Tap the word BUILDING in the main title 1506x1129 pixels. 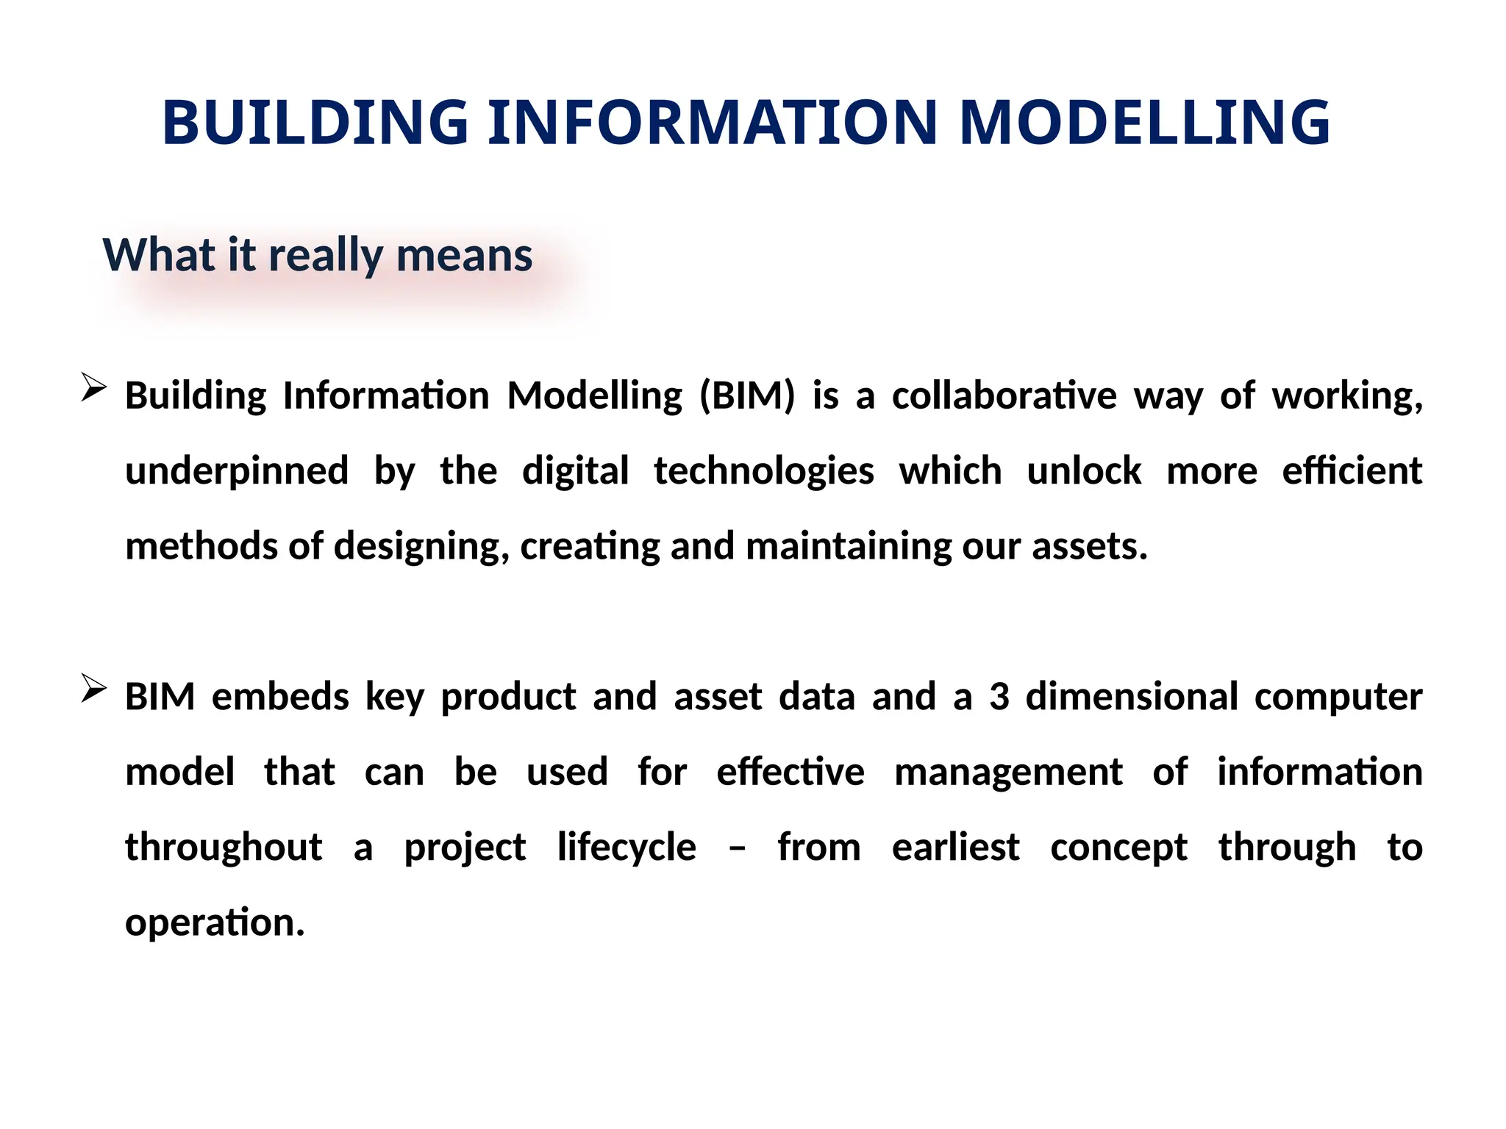315,122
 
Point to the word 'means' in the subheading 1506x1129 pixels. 464,256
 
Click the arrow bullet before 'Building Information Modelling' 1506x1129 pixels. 93,387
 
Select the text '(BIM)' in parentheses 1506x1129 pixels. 747,396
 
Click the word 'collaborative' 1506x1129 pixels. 1004,395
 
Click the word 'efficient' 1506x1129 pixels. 1352,470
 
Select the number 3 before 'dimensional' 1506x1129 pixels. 999,697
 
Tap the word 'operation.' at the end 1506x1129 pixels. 215,923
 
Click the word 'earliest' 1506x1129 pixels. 955,847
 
